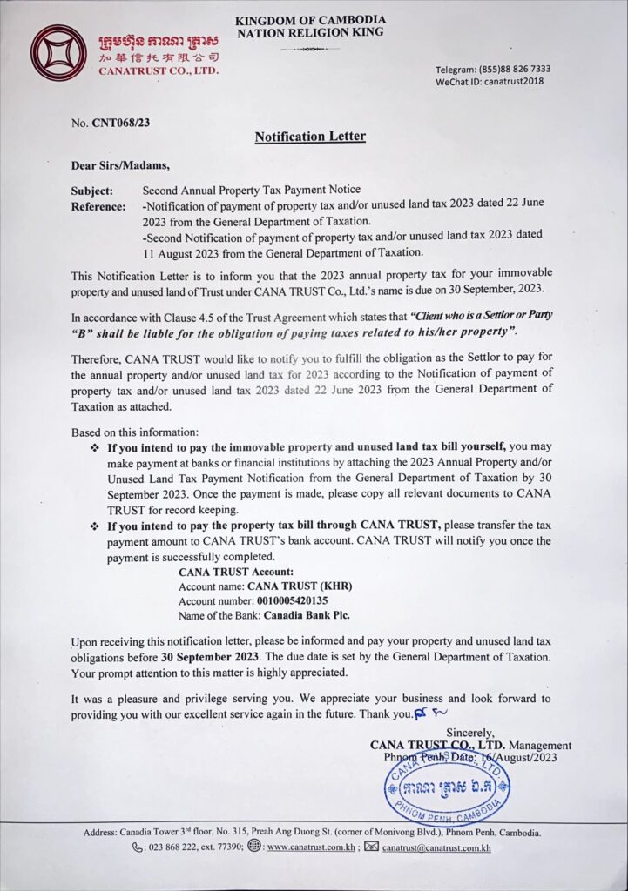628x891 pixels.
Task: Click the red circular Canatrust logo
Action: pyautogui.click(x=58, y=53)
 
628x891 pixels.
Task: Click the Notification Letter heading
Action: pyautogui.click(x=309, y=136)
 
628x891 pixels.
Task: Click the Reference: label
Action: pyautogui.click(x=99, y=206)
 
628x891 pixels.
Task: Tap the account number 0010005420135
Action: pyautogui.click(x=292, y=600)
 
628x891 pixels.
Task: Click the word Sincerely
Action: pyautogui.click(x=470, y=732)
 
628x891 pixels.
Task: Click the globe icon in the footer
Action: pyautogui.click(x=254, y=846)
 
